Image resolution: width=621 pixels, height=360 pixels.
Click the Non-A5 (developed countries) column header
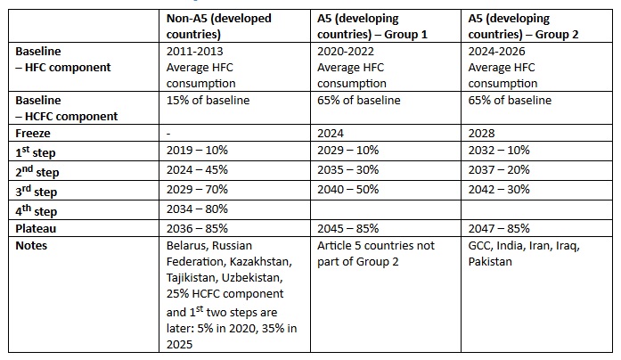tap(218, 25)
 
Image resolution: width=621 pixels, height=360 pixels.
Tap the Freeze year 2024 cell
tap(331, 133)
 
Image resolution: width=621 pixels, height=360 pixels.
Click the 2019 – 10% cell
tap(198, 152)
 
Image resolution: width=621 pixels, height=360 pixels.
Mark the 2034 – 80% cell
tap(198, 209)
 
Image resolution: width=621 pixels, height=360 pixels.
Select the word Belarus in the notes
tap(188, 245)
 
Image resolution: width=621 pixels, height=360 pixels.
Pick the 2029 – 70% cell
tap(198, 190)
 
